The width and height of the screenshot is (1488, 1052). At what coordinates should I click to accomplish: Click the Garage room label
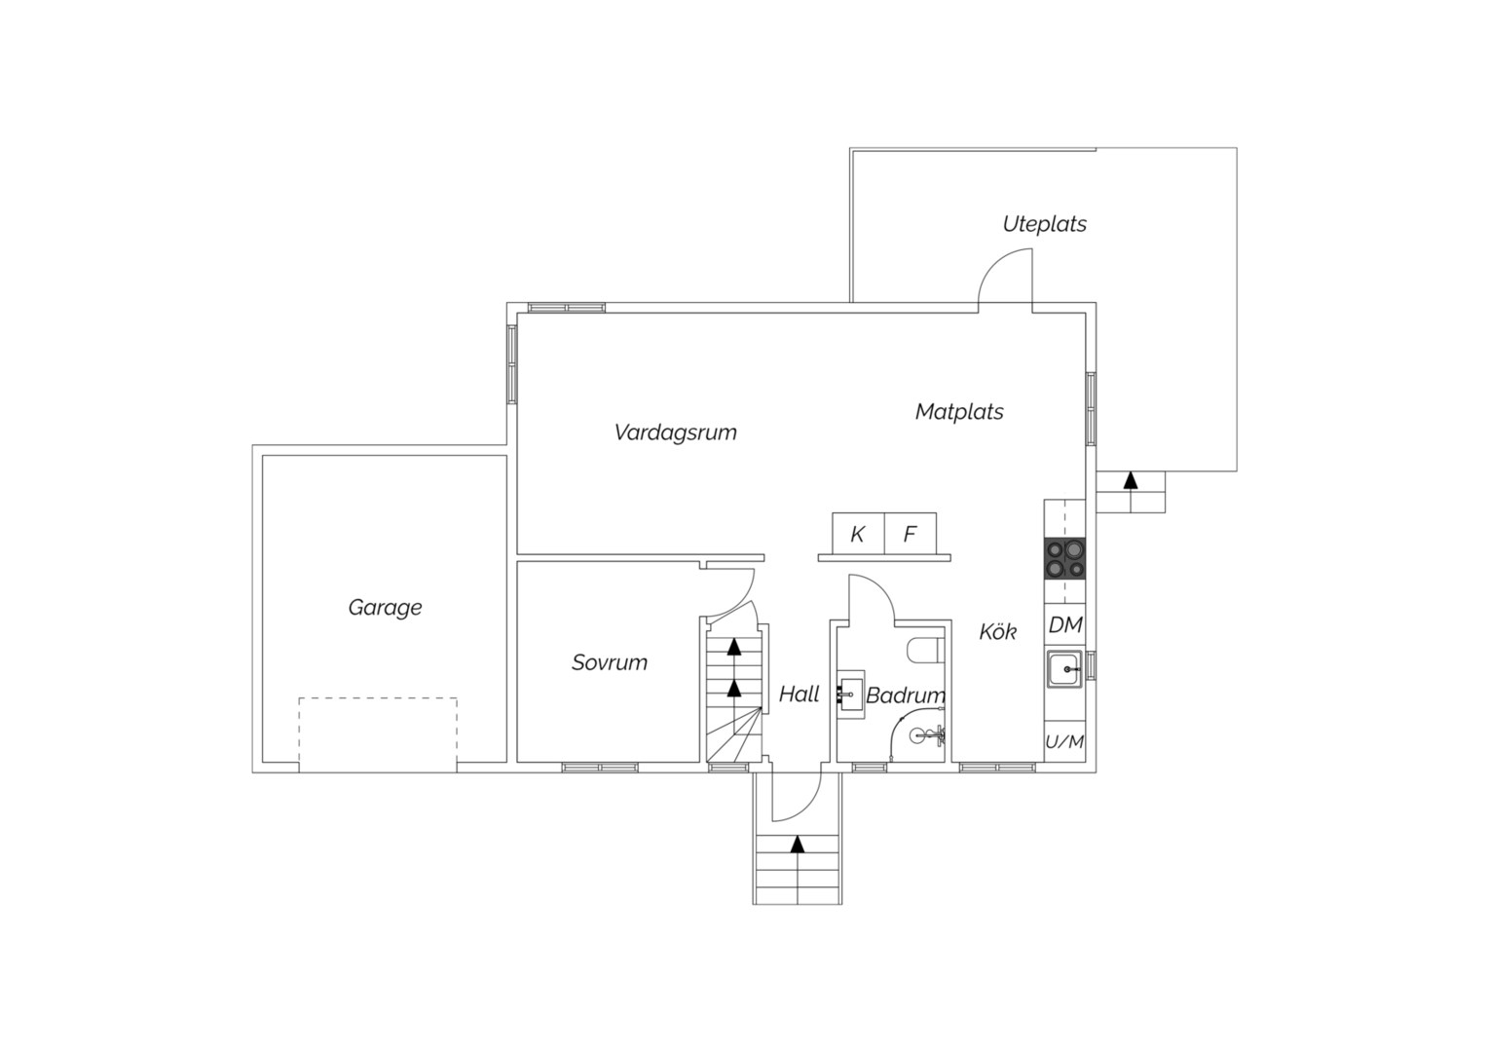click(x=385, y=608)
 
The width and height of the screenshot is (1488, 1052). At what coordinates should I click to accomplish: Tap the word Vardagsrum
click(x=675, y=432)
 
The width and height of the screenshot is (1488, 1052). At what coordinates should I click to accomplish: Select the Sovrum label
click(x=610, y=662)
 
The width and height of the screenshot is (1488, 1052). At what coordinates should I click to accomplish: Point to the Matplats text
click(x=958, y=411)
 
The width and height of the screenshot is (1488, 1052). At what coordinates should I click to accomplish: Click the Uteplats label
click(x=1044, y=223)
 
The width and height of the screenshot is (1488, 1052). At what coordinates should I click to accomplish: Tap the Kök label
click(x=997, y=631)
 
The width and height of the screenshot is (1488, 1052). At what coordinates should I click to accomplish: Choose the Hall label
click(x=799, y=694)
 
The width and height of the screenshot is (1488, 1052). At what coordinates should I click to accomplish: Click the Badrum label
click(x=906, y=695)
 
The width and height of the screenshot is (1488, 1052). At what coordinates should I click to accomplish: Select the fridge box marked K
click(x=858, y=533)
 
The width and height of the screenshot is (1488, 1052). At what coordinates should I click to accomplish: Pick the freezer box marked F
click(x=911, y=533)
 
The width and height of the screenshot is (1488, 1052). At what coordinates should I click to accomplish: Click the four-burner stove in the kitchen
click(x=1064, y=557)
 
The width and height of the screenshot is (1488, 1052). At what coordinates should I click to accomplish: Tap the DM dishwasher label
click(x=1064, y=624)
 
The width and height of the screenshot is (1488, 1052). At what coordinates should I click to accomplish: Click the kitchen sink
click(x=1064, y=668)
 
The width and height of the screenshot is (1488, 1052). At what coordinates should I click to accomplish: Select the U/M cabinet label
click(x=1064, y=741)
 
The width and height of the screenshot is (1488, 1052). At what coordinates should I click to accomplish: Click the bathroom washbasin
click(x=850, y=695)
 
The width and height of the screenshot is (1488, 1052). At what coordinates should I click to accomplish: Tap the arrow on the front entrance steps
click(x=798, y=845)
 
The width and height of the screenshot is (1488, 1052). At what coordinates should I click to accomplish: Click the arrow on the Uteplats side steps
click(x=1130, y=480)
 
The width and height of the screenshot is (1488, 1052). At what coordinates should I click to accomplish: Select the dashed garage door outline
click(x=378, y=734)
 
